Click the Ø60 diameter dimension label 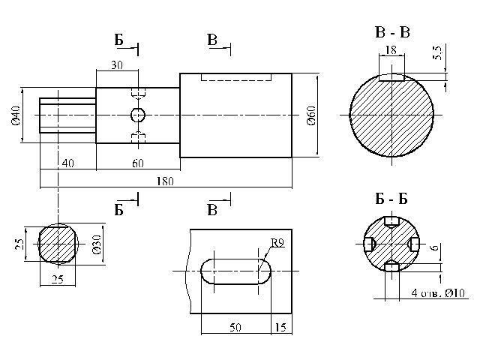(x=311, y=115)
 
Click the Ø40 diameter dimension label (x=15, y=115)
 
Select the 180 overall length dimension (x=165, y=181)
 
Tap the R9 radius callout (x=277, y=243)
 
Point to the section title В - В (x=392, y=32)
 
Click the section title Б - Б (x=391, y=199)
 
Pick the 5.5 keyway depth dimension (x=438, y=52)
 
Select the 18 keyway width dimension (x=391, y=49)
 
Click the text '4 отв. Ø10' (x=438, y=293)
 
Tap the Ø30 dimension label (x=97, y=244)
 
